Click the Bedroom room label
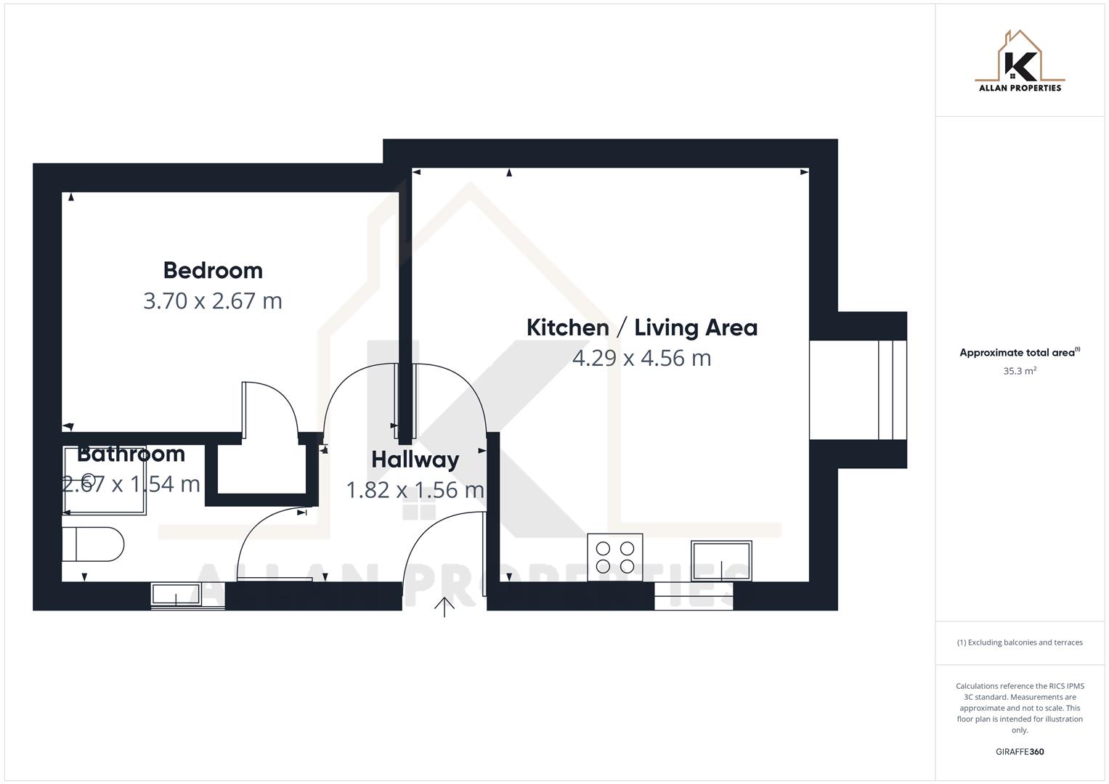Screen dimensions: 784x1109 (213, 270)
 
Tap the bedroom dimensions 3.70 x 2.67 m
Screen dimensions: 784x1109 (213, 301)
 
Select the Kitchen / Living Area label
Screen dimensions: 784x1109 (641, 327)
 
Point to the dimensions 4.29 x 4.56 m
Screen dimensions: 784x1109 (641, 358)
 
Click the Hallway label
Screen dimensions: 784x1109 (415, 460)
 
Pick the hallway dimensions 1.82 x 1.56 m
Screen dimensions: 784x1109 (415, 490)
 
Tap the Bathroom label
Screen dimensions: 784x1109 (131, 454)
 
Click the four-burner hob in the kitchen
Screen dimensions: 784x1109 (615, 557)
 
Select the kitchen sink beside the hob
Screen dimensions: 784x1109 (720, 560)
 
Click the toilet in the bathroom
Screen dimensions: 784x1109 (93, 544)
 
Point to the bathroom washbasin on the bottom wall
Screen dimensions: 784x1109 (175, 594)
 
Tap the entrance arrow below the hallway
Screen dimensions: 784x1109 (444, 607)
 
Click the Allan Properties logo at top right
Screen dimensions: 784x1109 (1020, 62)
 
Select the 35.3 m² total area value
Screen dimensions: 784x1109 (1020, 371)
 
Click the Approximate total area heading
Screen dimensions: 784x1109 (1018, 353)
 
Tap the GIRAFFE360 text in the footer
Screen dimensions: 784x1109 (1020, 751)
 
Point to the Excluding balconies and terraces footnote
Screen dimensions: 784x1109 (1020, 642)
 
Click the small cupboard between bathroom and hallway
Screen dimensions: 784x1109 (261, 470)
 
